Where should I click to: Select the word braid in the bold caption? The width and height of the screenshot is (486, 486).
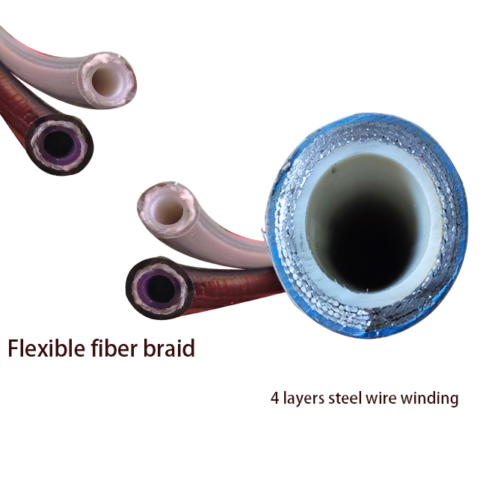[170, 348]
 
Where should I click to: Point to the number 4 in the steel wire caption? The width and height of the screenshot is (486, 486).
[274, 399]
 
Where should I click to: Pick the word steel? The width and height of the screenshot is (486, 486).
[345, 399]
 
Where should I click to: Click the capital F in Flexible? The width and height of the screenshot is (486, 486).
[14, 348]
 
